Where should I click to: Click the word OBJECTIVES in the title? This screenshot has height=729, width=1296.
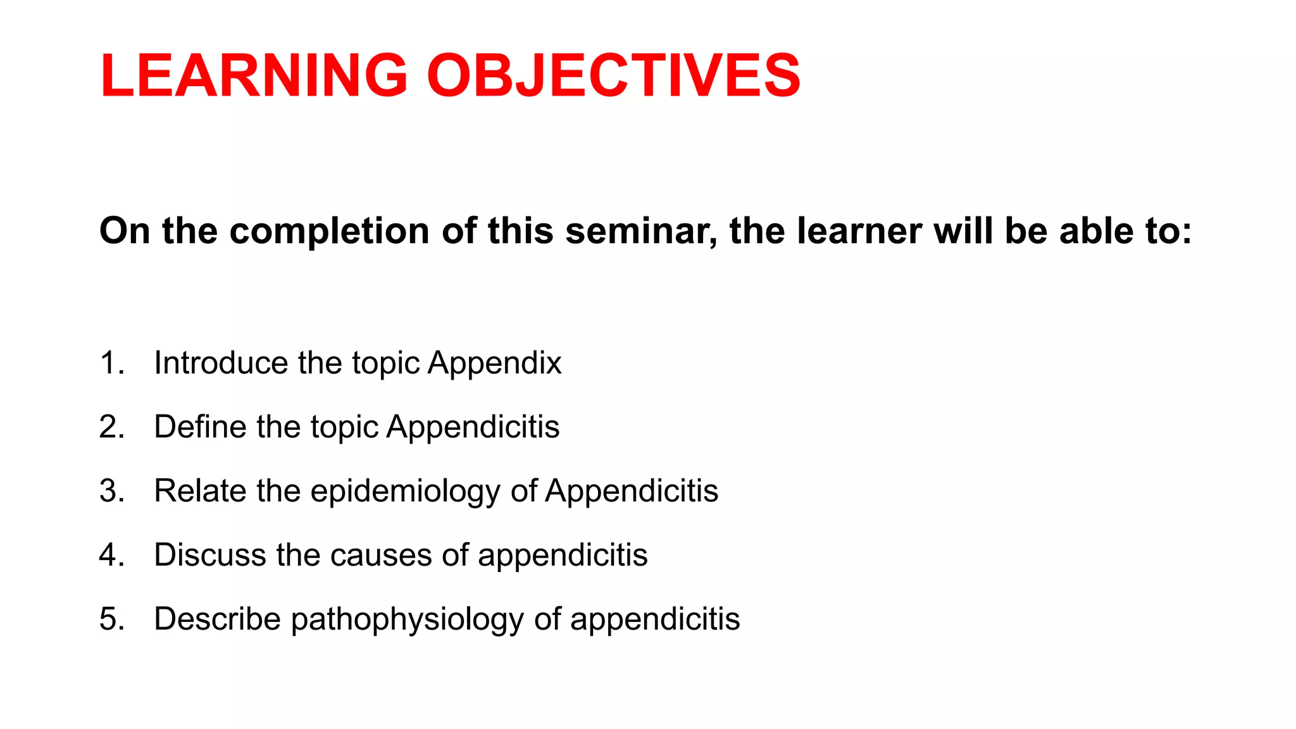click(614, 76)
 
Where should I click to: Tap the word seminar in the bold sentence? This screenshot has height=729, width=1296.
click(641, 231)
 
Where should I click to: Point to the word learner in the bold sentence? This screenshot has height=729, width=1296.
click(859, 231)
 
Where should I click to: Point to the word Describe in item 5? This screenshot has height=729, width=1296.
click(217, 619)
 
